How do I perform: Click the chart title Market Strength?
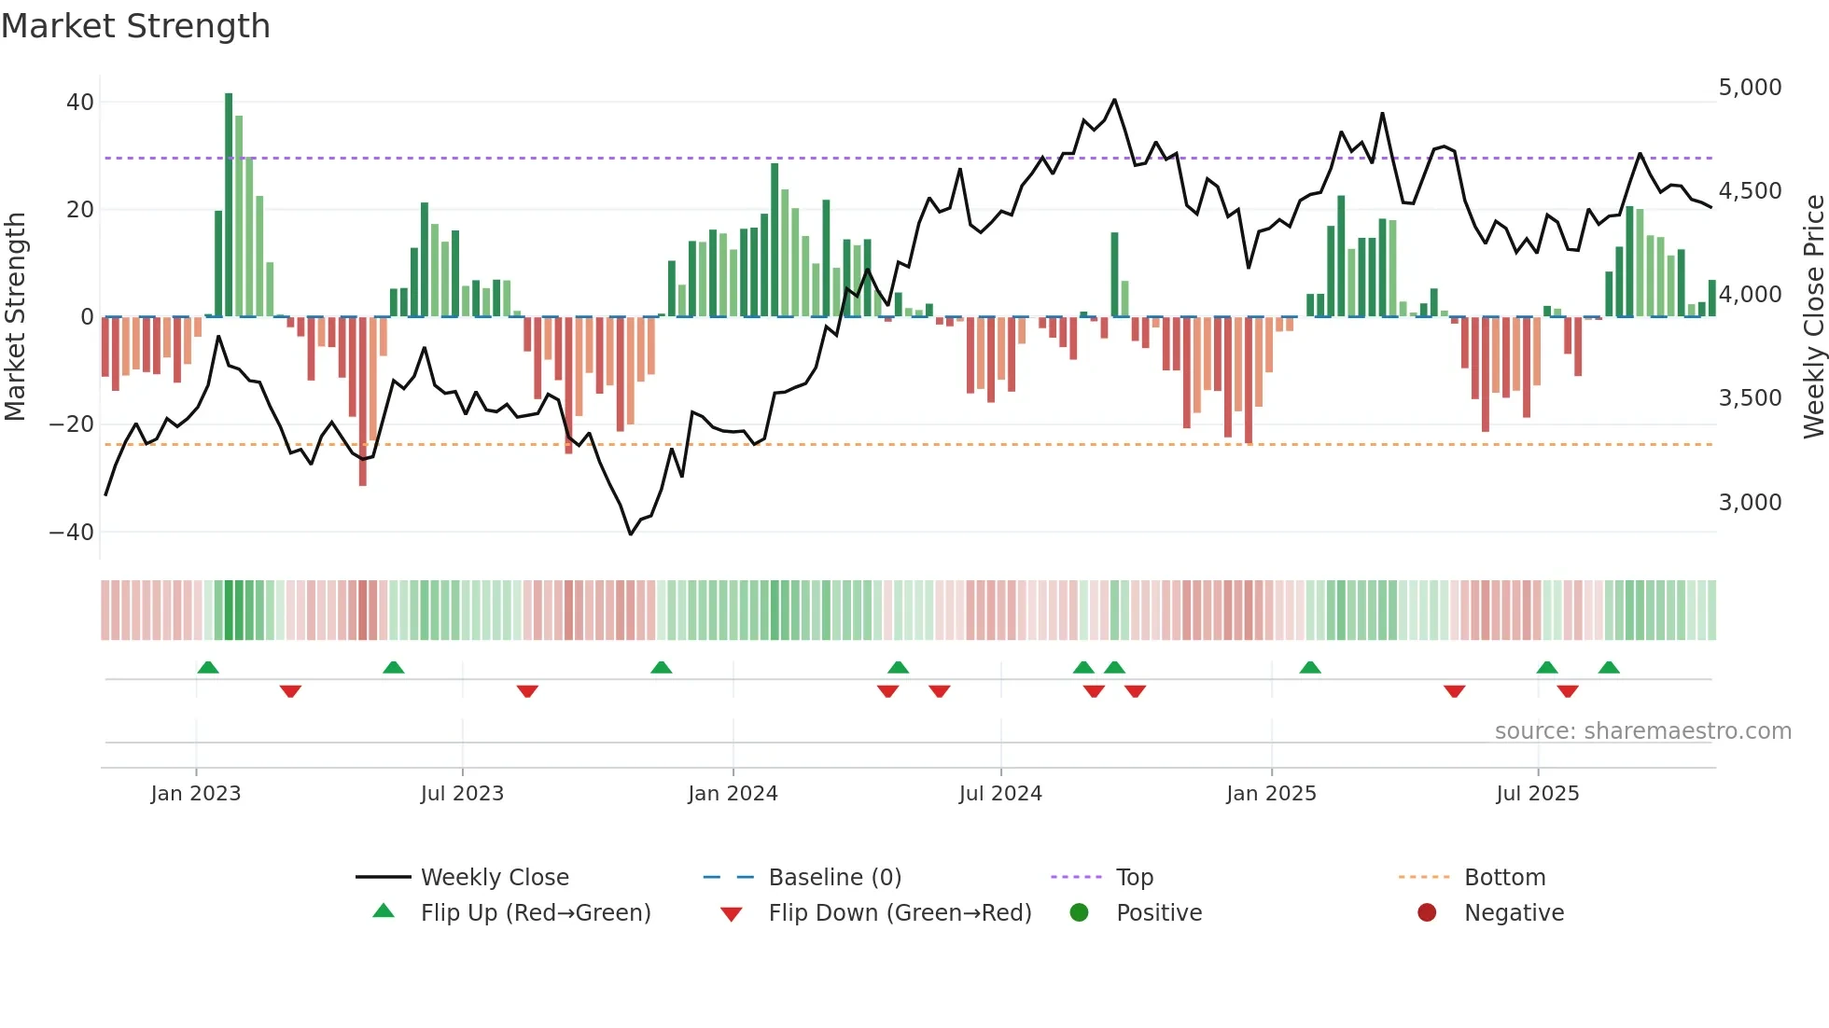(x=135, y=26)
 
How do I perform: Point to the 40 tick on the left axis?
(x=80, y=103)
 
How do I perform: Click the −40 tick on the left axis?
(x=72, y=533)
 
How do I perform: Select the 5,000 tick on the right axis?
(x=1750, y=88)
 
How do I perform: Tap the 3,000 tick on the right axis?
(x=1750, y=503)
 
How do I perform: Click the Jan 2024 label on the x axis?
(x=733, y=794)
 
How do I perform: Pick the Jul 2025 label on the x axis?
(x=1537, y=794)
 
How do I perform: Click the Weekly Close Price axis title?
(x=1813, y=317)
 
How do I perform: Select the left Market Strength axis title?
(x=16, y=317)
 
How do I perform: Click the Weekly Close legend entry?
(x=494, y=878)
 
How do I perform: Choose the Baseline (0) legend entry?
(x=834, y=878)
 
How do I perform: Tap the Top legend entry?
(x=1134, y=878)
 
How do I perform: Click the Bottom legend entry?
(x=1504, y=878)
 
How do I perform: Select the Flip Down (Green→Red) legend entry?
(x=899, y=913)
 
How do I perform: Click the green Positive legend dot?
(x=1080, y=913)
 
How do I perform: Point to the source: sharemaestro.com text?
(x=1642, y=731)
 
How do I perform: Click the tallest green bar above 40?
(x=229, y=205)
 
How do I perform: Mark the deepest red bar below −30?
(x=363, y=401)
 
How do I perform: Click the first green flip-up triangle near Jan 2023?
(x=208, y=667)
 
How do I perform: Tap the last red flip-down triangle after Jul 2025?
(x=1568, y=691)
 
